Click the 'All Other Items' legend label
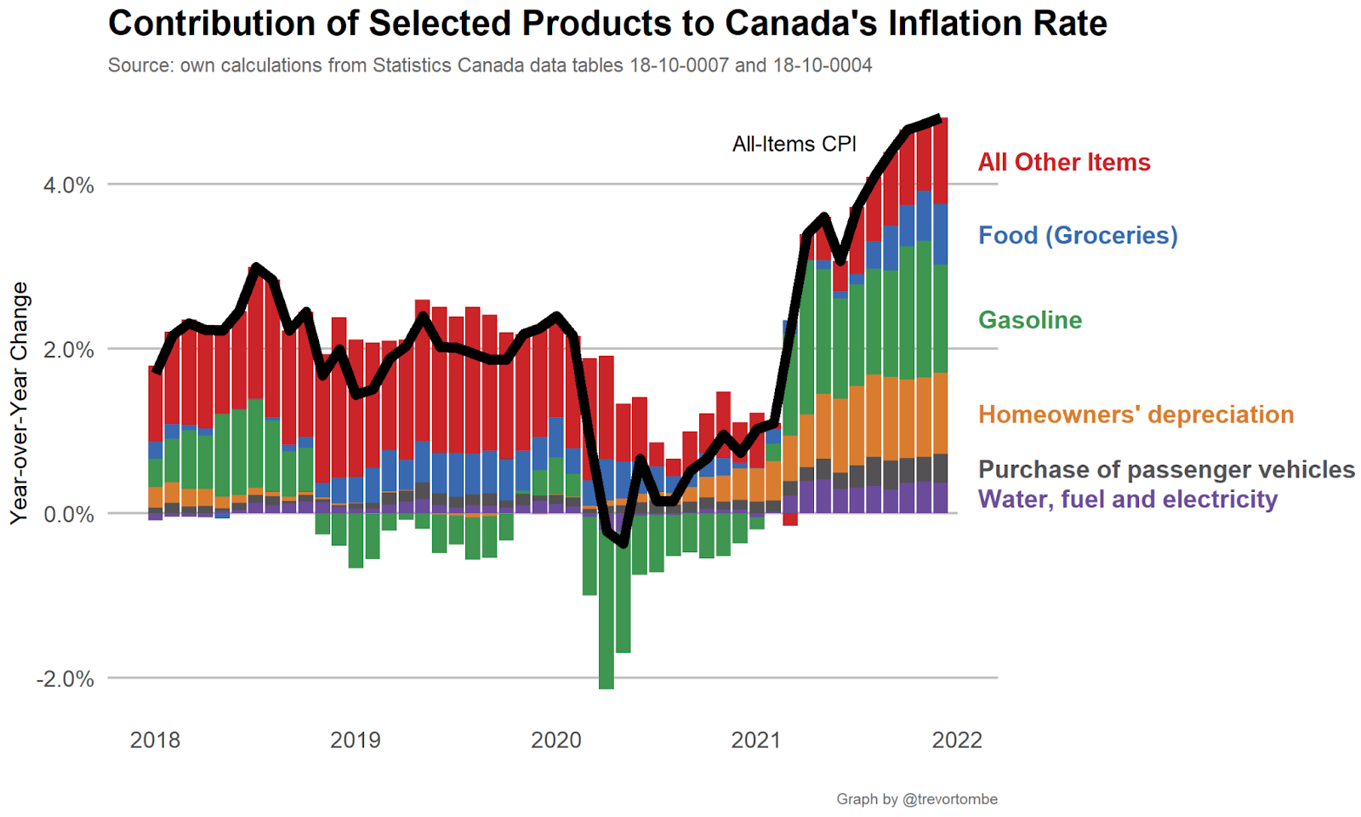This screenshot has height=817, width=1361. click(1063, 163)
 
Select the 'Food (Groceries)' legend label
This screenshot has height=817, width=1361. click(1078, 236)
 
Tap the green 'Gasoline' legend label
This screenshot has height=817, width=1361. click(1030, 320)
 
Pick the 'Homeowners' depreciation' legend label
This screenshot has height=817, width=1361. click(1136, 414)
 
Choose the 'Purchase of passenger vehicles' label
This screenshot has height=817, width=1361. click(1166, 470)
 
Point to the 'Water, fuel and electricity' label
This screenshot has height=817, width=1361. click(1127, 500)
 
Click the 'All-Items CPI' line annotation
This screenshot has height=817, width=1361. click(794, 145)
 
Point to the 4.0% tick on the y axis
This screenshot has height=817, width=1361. click(69, 186)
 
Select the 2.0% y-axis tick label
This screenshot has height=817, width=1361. click(69, 350)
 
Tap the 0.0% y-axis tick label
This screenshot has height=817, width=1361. click(69, 515)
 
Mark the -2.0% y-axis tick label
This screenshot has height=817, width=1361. click(65, 679)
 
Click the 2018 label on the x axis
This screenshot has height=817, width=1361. click(155, 740)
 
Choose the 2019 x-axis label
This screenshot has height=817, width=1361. click(356, 740)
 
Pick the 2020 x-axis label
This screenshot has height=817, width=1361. click(556, 740)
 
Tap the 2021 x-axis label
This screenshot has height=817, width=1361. click(756, 740)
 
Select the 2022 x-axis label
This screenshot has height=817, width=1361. click(957, 740)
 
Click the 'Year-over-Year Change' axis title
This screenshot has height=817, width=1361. click(20, 403)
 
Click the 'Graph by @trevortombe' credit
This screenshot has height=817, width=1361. click(916, 799)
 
